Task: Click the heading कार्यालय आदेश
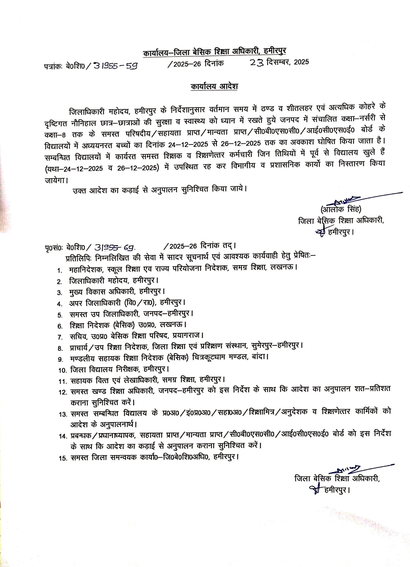tap(214, 86)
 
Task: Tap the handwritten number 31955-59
tap(116, 66)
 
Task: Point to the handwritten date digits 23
tap(257, 63)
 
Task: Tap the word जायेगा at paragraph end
tap(55, 180)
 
